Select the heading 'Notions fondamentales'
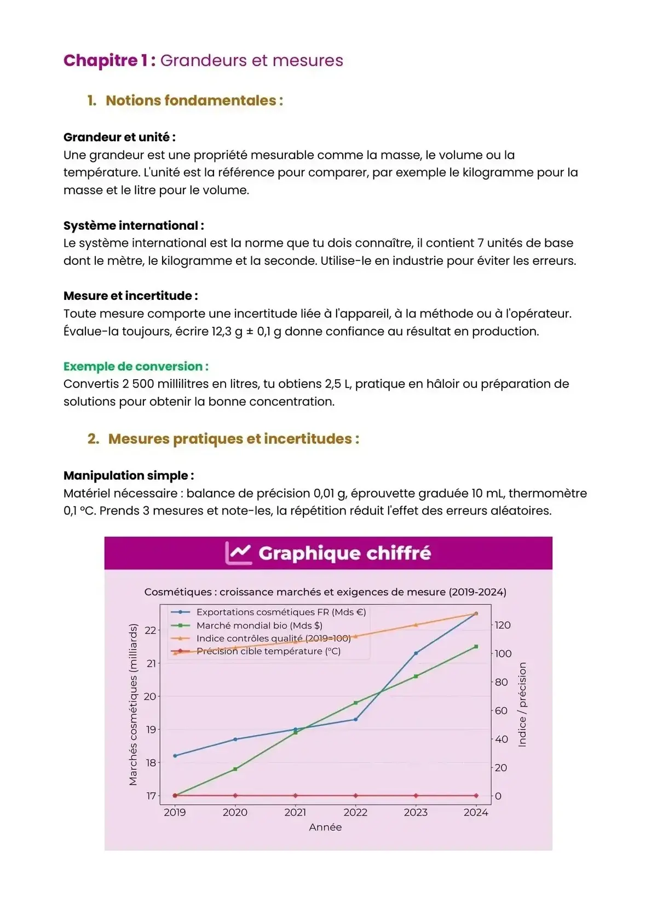191,101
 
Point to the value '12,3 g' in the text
227,331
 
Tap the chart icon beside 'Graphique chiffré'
238,553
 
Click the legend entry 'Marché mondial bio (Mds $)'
259,625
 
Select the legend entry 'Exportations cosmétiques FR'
280,612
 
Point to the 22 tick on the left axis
150,630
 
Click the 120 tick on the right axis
503,625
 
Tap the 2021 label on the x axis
295,812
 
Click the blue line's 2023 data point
416,653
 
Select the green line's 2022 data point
356,702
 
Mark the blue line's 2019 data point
175,756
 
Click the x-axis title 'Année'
325,827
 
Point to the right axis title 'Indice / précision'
522,704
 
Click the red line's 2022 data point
356,795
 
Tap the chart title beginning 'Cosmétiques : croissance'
325,592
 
